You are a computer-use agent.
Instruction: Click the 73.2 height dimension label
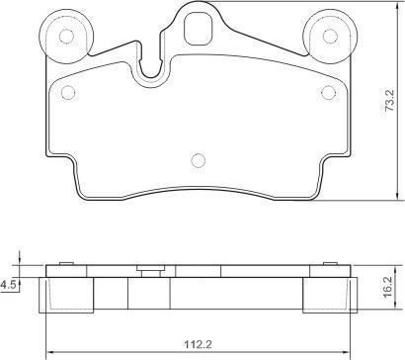click(390, 101)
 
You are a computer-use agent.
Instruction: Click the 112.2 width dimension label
click(199, 345)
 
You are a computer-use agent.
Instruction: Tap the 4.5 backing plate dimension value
click(8, 284)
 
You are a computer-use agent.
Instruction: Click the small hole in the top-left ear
click(66, 36)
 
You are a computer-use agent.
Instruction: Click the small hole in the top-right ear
click(330, 36)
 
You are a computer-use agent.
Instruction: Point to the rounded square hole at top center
click(198, 28)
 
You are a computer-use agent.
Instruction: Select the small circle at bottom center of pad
click(199, 160)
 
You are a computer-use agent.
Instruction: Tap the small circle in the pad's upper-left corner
click(68, 92)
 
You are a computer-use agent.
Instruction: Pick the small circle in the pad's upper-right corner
click(328, 92)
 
